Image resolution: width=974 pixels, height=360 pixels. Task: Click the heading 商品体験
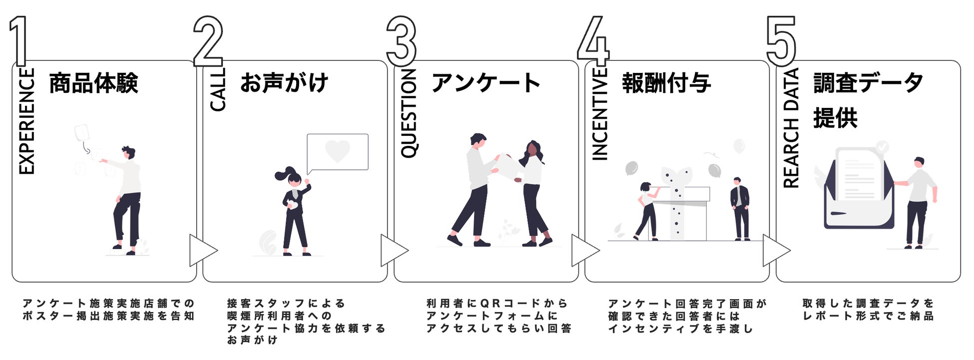point(93,83)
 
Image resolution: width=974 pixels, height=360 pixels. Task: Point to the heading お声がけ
point(284,83)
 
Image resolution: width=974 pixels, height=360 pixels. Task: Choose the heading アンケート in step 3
point(486,83)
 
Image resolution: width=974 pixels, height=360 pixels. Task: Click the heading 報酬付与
point(666,83)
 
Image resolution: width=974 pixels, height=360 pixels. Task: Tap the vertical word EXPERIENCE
point(27,121)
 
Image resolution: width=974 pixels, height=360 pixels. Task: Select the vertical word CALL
point(218,89)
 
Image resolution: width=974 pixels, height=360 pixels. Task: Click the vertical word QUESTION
point(409,114)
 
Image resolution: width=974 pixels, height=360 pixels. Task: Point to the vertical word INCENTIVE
point(599,114)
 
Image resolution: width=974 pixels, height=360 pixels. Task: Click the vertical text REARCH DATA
point(791,128)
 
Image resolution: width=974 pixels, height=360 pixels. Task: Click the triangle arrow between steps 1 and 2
point(202,250)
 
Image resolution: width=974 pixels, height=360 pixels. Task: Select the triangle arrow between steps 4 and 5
point(775,250)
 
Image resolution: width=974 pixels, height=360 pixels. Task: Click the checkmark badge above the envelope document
point(883,146)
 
